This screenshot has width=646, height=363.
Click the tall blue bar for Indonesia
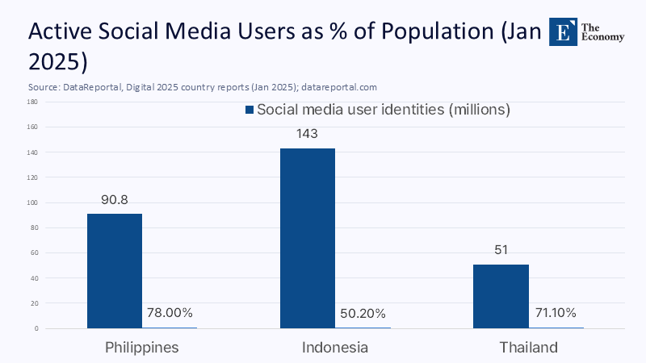[x=307, y=238]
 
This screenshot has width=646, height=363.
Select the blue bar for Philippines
[x=114, y=270]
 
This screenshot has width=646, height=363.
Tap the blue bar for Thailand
[x=501, y=295]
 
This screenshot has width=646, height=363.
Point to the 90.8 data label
[x=114, y=198]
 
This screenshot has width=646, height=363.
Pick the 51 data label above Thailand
[x=501, y=249]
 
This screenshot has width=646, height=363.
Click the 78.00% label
[x=169, y=313]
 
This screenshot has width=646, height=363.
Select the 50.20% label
[x=362, y=313]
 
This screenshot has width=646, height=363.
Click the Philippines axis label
[x=141, y=348]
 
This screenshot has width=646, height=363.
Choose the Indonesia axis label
[x=334, y=348]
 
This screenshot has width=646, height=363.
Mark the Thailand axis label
[x=528, y=348]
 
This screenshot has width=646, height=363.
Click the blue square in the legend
[x=250, y=110]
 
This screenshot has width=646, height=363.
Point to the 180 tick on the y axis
[x=32, y=102]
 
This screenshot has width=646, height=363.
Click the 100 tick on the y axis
[x=32, y=202]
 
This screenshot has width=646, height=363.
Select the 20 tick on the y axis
[x=34, y=303]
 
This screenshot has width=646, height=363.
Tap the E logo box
[x=563, y=31]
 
